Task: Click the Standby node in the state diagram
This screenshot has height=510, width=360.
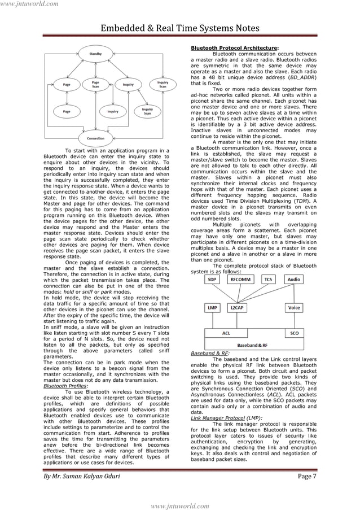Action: pos(95,54)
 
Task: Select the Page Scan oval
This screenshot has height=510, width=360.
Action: pos(95,84)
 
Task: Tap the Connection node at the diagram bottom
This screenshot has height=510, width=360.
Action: pos(95,138)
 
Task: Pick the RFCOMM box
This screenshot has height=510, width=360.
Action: pos(241,279)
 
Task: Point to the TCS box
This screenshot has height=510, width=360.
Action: pos(270,279)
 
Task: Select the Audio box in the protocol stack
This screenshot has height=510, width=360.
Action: pos(293,279)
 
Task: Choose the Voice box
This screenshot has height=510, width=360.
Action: pos(293,308)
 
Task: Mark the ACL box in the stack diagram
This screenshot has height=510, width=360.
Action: pos(226,333)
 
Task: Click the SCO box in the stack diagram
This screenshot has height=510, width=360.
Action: pos(294,333)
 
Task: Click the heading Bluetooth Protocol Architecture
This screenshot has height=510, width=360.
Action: pos(234,48)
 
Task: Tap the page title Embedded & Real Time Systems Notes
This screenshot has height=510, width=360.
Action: pos(180,28)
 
